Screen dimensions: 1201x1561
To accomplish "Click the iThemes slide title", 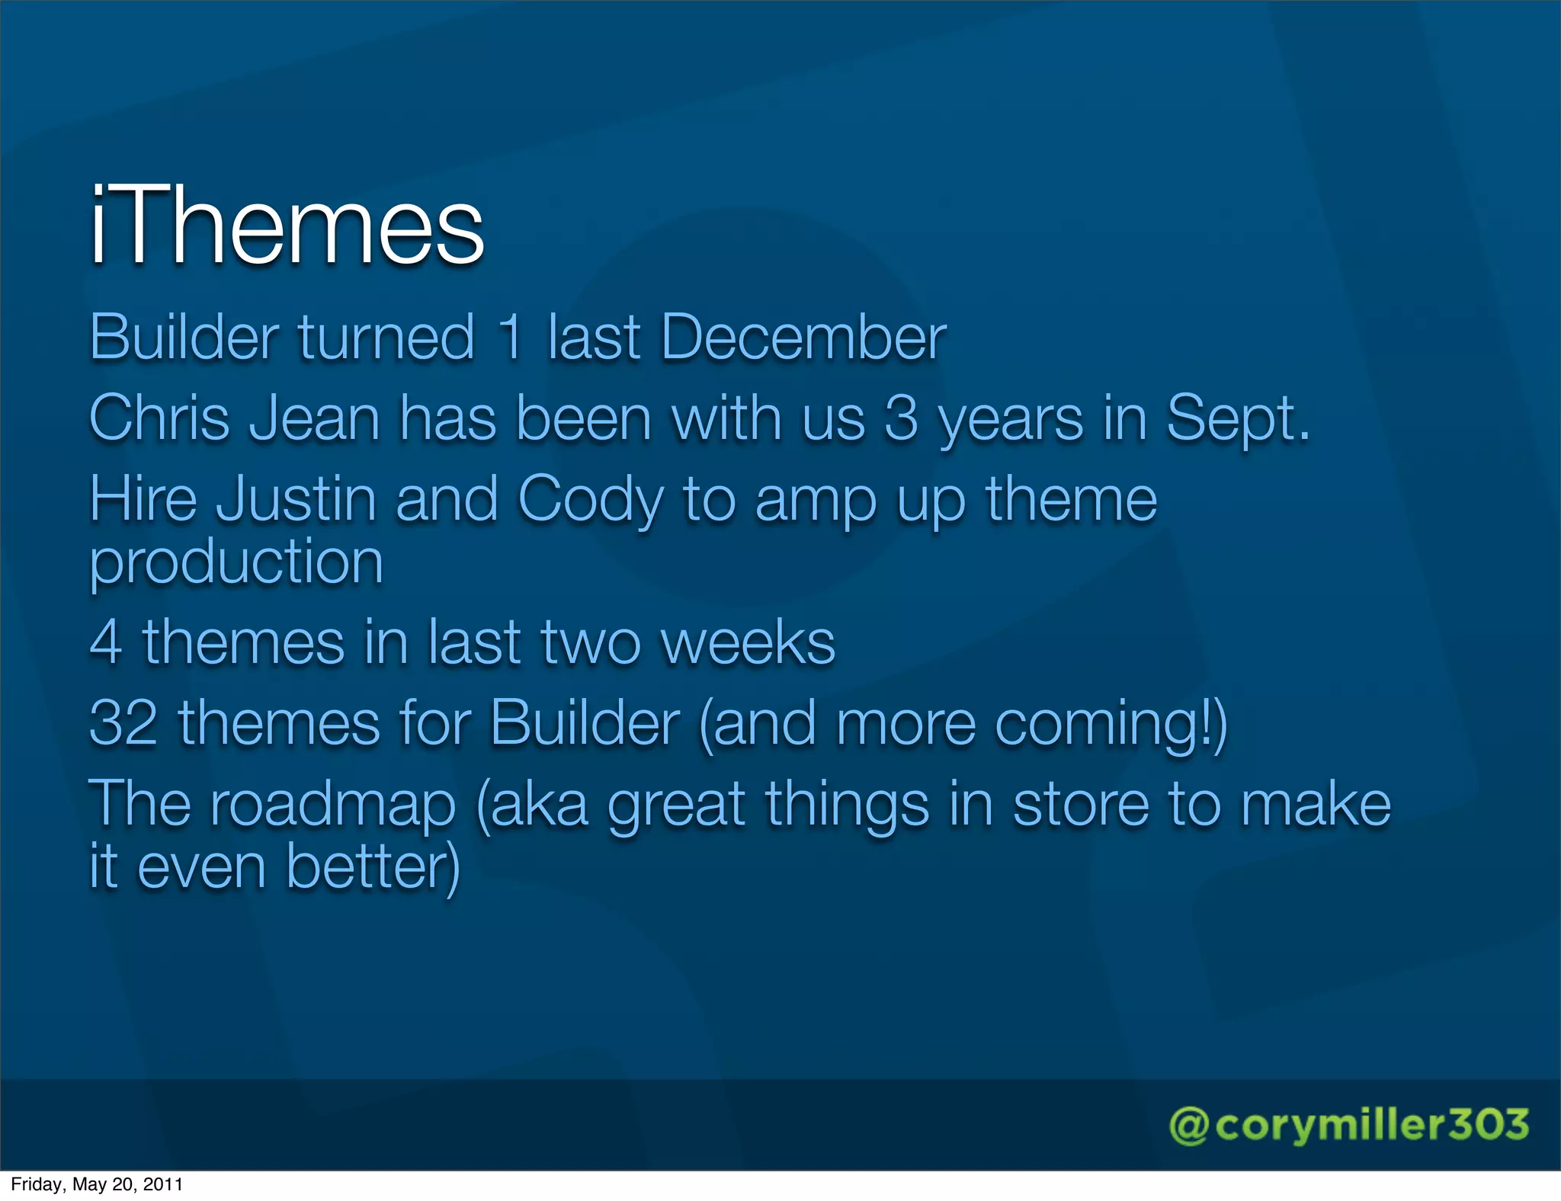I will [x=287, y=226].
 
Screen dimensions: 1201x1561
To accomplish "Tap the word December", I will [x=803, y=338].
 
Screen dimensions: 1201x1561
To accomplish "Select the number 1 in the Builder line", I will [x=511, y=338].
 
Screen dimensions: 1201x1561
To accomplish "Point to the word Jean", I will [x=314, y=418].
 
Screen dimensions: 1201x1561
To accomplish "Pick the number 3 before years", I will [x=901, y=418].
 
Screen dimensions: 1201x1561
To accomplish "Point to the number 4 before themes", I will [x=106, y=642].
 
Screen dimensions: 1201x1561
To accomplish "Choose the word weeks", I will [x=748, y=642].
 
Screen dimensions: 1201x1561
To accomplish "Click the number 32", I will [x=123, y=722].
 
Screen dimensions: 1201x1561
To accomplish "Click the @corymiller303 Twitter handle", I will [x=1348, y=1126].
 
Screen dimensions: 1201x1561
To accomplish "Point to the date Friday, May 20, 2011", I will [x=97, y=1184].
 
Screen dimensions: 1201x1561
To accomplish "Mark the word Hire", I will [x=143, y=499].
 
